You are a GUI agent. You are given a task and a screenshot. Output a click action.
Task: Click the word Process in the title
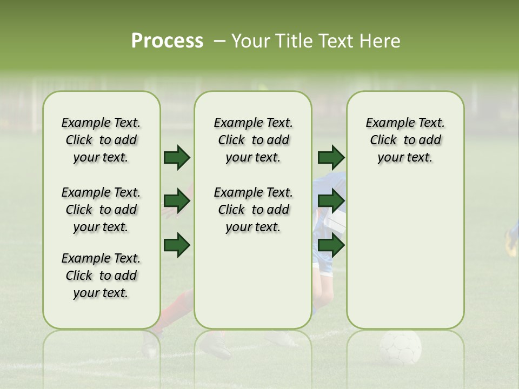167,41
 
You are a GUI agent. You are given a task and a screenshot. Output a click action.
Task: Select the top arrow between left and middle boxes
177,157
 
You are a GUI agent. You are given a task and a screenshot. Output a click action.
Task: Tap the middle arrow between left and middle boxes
177,202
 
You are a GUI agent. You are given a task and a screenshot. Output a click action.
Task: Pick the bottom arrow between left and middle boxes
177,245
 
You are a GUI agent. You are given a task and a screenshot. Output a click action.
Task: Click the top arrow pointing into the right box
331,157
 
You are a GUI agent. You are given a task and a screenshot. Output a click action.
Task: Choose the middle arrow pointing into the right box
331,202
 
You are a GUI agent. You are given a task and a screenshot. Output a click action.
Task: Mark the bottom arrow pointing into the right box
331,245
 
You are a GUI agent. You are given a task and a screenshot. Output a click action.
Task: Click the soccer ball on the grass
400,347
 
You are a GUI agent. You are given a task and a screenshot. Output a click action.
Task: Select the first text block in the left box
101,140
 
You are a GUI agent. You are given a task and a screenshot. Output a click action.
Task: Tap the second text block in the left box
101,210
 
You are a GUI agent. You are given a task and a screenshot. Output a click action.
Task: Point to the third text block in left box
101,276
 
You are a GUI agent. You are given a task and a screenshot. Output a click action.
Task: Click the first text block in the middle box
253,140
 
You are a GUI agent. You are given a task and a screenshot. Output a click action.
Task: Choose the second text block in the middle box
253,210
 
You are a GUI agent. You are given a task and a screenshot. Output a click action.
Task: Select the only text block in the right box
405,140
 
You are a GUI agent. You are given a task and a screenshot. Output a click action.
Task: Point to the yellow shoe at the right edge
511,243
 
